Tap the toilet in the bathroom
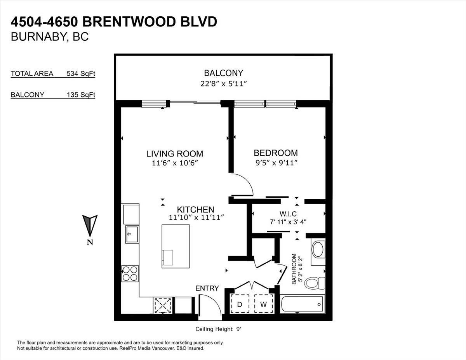pyautogui.click(x=315, y=283)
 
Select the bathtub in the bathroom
pyautogui.click(x=303, y=304)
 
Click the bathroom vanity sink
pyautogui.click(x=318, y=249)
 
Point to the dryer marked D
pyautogui.click(x=240, y=304)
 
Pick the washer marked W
pyautogui.click(x=264, y=304)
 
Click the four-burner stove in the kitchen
pyautogui.click(x=130, y=273)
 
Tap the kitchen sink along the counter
pyautogui.click(x=132, y=234)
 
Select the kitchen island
pyautogui.click(x=176, y=246)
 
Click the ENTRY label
pyautogui.click(x=207, y=288)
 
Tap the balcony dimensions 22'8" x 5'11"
pyautogui.click(x=223, y=83)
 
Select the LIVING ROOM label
pyautogui.click(x=175, y=154)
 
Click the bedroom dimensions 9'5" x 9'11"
pyautogui.click(x=276, y=163)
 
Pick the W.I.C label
pyautogui.click(x=288, y=214)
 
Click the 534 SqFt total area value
pyautogui.click(x=81, y=73)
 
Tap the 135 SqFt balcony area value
pyautogui.click(x=81, y=94)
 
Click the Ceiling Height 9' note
pyautogui.click(x=218, y=329)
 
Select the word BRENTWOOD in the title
pyautogui.click(x=130, y=22)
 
